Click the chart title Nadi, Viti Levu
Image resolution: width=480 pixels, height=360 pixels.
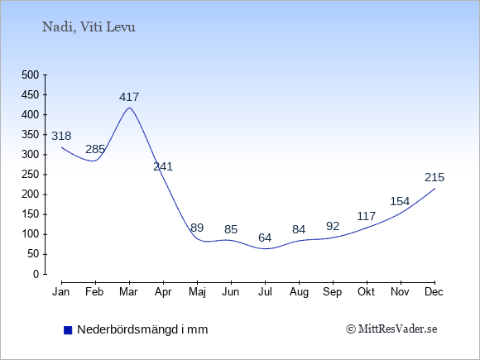click(89, 27)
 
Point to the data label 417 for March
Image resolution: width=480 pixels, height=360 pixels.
click(129, 97)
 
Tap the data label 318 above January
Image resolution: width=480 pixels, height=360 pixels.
click(61, 136)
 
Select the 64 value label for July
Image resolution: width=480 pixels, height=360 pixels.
click(265, 238)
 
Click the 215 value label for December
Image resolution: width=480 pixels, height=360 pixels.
click(434, 177)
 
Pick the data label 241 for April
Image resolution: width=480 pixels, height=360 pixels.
click(163, 166)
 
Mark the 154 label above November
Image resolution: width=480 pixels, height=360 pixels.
click(400, 201)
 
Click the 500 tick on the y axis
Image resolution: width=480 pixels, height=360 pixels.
click(31, 74)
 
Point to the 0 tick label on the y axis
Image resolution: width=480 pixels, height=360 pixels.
click(36, 274)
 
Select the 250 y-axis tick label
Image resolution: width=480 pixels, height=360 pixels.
click(31, 174)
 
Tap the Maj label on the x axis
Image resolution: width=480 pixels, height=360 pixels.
click(197, 292)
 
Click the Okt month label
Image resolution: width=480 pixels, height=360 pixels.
click(366, 292)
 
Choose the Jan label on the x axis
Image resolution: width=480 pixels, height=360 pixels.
click(61, 292)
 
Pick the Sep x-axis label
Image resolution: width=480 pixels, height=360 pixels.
click(333, 292)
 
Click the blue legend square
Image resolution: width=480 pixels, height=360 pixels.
click(68, 330)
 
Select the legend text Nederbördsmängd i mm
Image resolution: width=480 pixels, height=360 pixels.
click(142, 329)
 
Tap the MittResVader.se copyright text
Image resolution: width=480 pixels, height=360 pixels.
click(391, 329)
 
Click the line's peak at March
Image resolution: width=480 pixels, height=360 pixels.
click(129, 108)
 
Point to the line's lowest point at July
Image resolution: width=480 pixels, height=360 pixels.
click(265, 248)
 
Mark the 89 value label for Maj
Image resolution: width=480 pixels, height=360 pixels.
click(197, 228)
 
